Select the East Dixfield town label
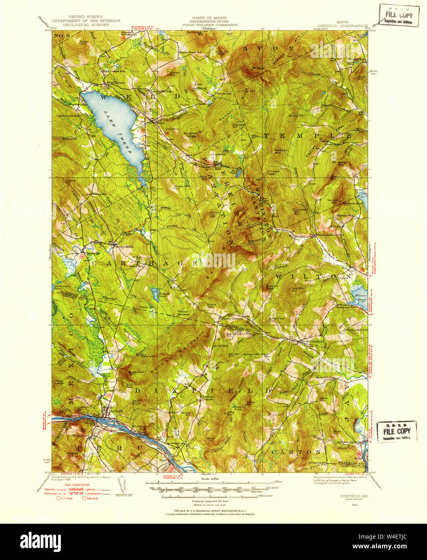pos(313,341)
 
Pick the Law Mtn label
pos(297,288)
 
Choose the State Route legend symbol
pos(85,498)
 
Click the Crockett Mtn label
pos(300,209)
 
